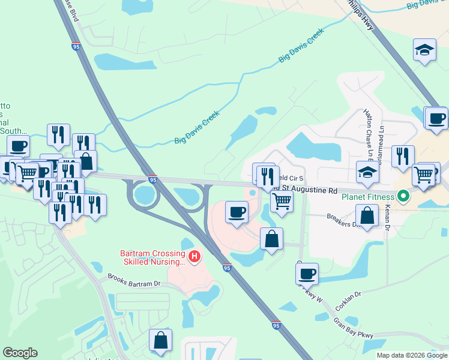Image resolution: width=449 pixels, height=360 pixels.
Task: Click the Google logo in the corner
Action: tap(20, 353)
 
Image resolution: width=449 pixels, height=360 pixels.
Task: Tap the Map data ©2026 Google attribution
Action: tap(412, 355)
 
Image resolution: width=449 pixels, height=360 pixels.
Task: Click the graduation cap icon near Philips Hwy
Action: tap(425, 50)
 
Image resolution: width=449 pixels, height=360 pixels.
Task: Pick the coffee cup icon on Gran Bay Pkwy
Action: tap(307, 274)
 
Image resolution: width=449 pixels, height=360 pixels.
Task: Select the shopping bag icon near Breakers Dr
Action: tap(367, 216)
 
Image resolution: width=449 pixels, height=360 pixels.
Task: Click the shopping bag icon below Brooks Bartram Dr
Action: tap(161, 340)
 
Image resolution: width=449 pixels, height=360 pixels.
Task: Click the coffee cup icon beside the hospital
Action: tap(236, 212)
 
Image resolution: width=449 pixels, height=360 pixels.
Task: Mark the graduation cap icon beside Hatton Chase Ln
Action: tap(367, 173)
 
